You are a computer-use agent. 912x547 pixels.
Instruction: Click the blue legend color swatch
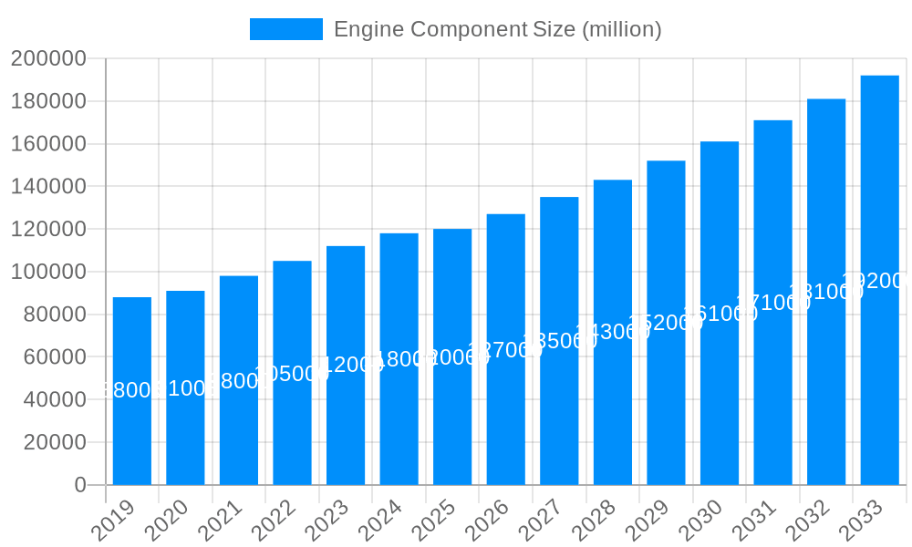click(286, 29)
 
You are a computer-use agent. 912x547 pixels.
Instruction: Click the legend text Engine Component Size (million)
click(497, 29)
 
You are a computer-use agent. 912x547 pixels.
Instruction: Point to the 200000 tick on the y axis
click(48, 59)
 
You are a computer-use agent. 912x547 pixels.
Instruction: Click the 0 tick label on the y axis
click(80, 485)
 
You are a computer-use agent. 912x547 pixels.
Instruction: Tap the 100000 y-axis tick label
click(48, 272)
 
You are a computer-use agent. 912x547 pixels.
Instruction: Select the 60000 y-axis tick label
click(54, 356)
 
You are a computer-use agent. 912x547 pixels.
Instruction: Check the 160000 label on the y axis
click(48, 144)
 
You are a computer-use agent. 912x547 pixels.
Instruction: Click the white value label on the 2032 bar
click(826, 292)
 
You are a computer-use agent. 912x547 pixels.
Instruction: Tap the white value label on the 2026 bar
click(505, 350)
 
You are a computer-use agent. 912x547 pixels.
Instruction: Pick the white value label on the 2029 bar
click(666, 323)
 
